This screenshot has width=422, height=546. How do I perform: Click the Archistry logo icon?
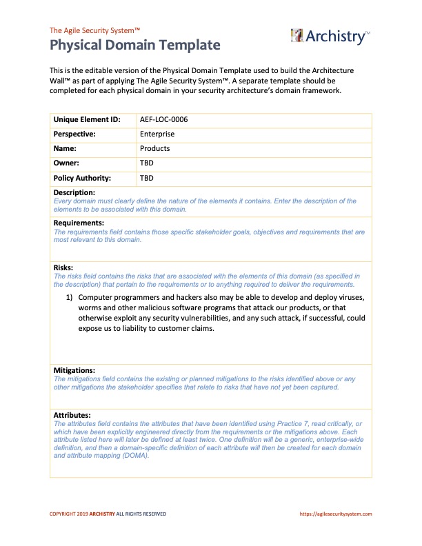click(x=297, y=36)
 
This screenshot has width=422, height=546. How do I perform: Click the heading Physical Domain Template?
click(x=134, y=45)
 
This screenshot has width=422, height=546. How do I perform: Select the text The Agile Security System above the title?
click(x=94, y=30)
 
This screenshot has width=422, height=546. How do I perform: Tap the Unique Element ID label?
click(x=87, y=119)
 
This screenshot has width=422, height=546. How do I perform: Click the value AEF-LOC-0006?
click(x=163, y=119)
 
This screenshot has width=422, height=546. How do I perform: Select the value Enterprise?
click(x=157, y=134)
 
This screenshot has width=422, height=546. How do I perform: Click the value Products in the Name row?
click(x=154, y=148)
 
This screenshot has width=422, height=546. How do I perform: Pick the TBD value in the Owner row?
click(x=146, y=163)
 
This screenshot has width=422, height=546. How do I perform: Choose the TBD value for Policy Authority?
click(x=146, y=177)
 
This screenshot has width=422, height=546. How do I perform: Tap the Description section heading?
click(x=74, y=192)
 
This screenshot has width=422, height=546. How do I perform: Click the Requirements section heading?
click(x=79, y=223)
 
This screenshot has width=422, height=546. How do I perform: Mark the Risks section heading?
click(x=63, y=267)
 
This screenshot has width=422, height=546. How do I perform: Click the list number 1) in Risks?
click(x=70, y=296)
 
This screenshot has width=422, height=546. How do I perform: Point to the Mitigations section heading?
click(x=74, y=370)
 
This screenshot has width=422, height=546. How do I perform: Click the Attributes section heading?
click(x=72, y=414)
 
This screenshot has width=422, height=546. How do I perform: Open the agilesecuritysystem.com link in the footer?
click(x=336, y=514)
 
